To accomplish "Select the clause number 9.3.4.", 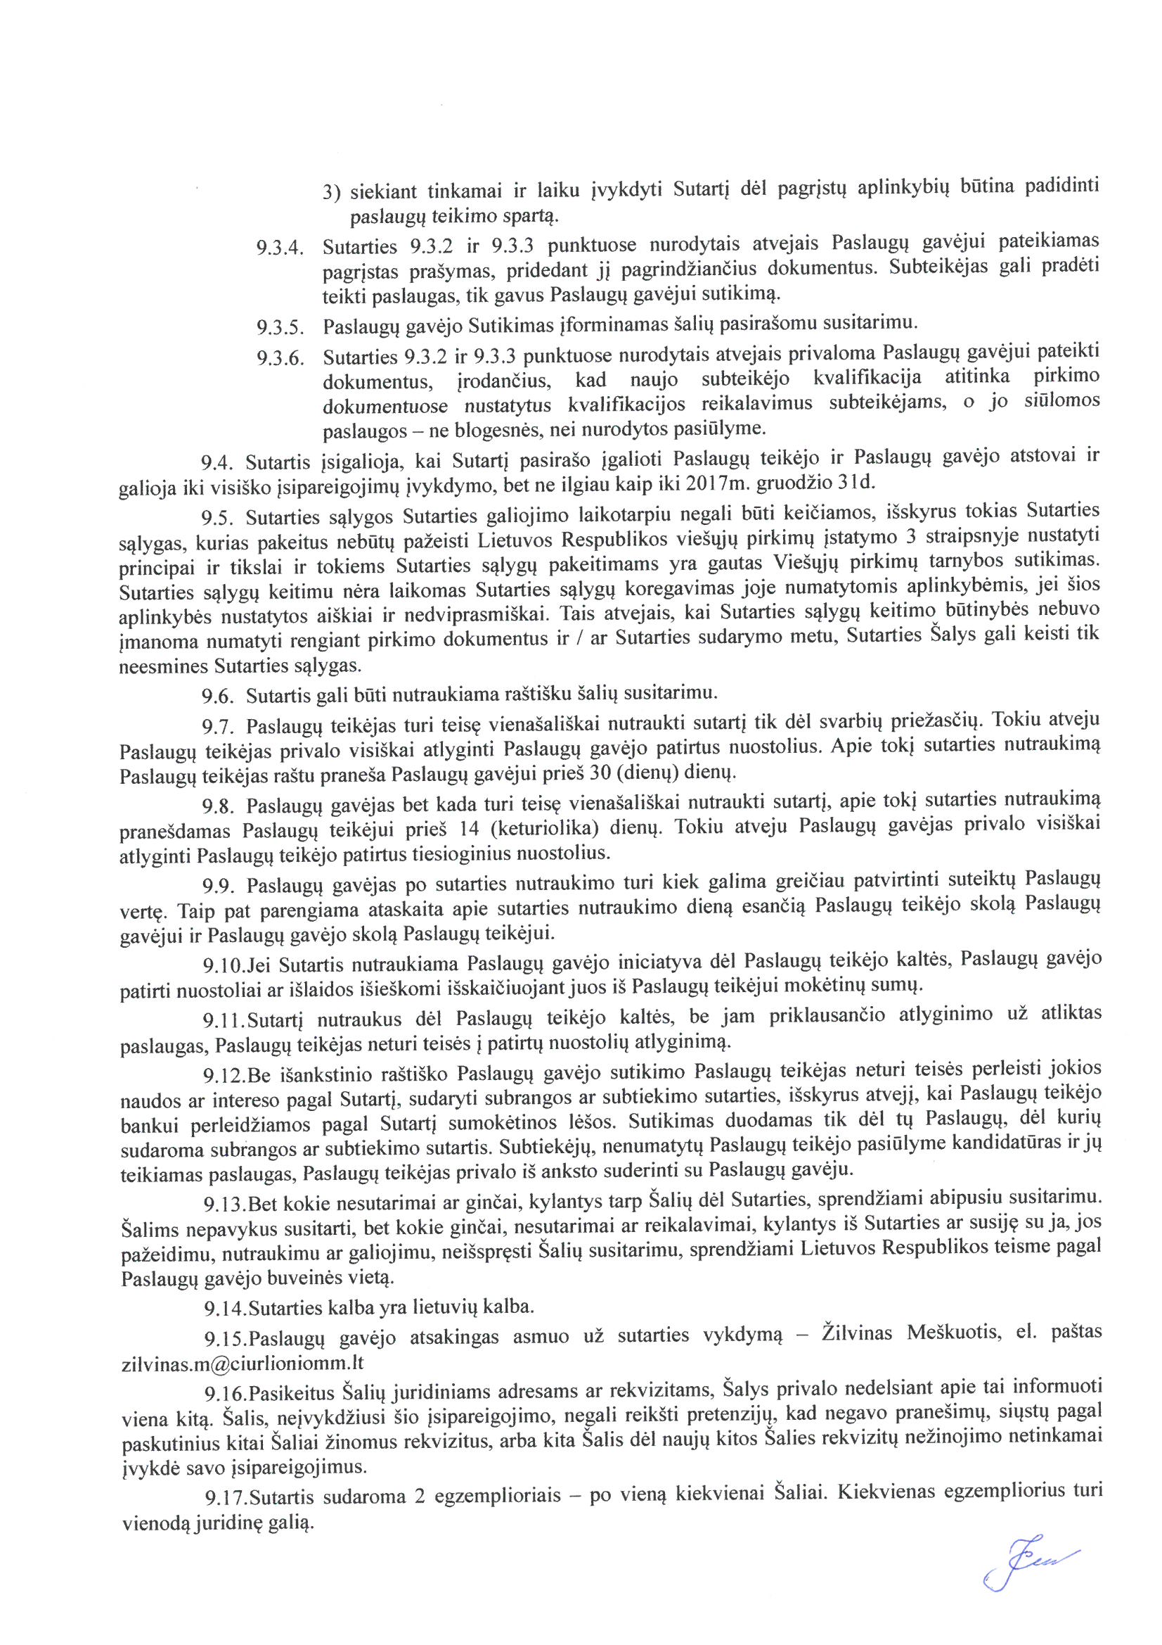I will (280, 250).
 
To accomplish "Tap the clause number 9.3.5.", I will (280, 329).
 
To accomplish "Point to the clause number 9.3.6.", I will (280, 358).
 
